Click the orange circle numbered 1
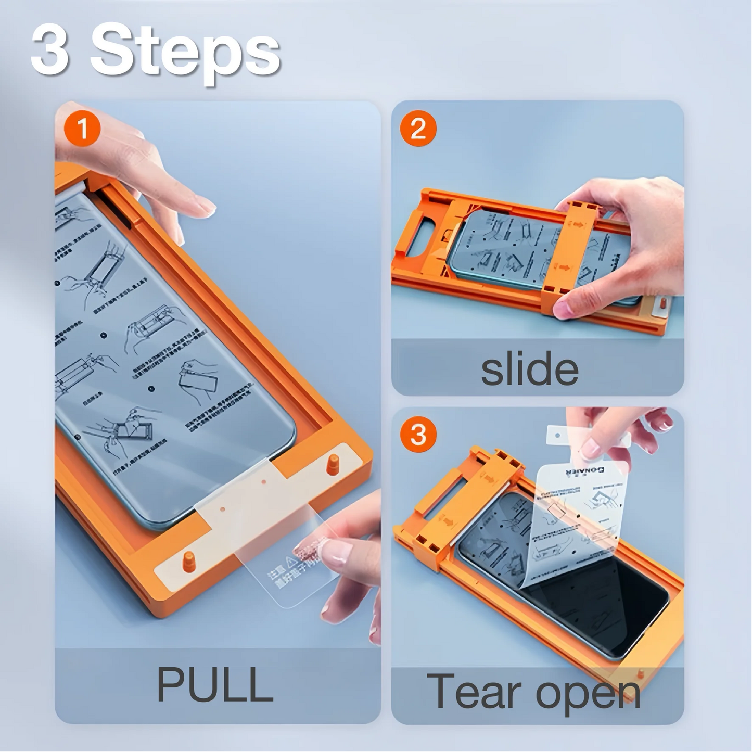(82, 128)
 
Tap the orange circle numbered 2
(418, 128)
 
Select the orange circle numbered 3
(418, 434)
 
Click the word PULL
(215, 684)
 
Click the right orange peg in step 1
(333, 464)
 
